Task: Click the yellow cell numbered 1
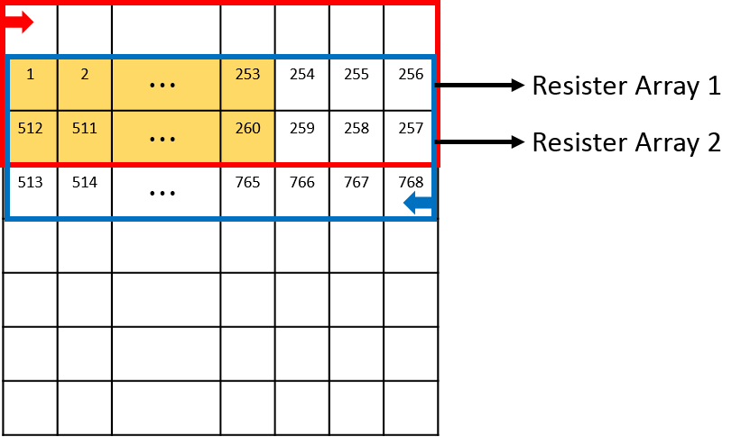pyautogui.click(x=32, y=84)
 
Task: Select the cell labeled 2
pyautogui.click(x=85, y=84)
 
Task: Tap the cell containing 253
pyautogui.click(x=247, y=84)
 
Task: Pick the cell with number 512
pyautogui.click(x=32, y=136)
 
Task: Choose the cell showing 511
pyautogui.click(x=85, y=136)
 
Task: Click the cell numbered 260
pyautogui.click(x=247, y=136)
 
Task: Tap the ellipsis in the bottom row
pyautogui.click(x=162, y=140)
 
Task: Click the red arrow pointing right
pyautogui.click(x=20, y=22)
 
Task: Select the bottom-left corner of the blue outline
pyautogui.click(x=7, y=218)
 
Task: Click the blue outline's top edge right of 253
pyautogui.click(x=352, y=58)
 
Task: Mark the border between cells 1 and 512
pyautogui.click(x=32, y=110)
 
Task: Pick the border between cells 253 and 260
pyautogui.click(x=247, y=110)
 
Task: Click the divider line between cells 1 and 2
pyautogui.click(x=58, y=84)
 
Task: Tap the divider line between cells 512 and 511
pyautogui.click(x=58, y=136)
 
